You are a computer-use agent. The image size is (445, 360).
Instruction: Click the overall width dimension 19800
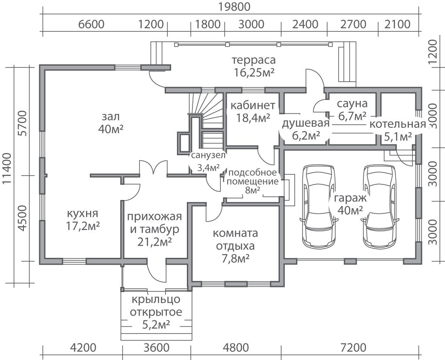(234, 7)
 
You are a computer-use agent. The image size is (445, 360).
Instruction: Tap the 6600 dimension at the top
(91, 24)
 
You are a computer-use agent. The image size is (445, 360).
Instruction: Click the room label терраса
(254, 60)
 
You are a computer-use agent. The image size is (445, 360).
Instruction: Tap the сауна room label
(352, 103)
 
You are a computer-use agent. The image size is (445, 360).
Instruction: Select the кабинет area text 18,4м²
(253, 117)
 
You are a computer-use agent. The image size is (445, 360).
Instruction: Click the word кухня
(83, 213)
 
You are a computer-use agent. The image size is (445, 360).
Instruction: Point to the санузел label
(208, 155)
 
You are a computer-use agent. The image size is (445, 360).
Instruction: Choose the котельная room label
(398, 124)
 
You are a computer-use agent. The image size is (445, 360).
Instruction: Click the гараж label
(350, 198)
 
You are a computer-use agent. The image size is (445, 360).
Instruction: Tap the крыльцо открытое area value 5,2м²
(156, 324)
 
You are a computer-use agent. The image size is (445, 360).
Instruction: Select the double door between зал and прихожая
(153, 167)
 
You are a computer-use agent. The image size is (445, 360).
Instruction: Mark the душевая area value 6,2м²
(306, 136)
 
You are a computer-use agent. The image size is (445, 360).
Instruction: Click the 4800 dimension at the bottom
(236, 347)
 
